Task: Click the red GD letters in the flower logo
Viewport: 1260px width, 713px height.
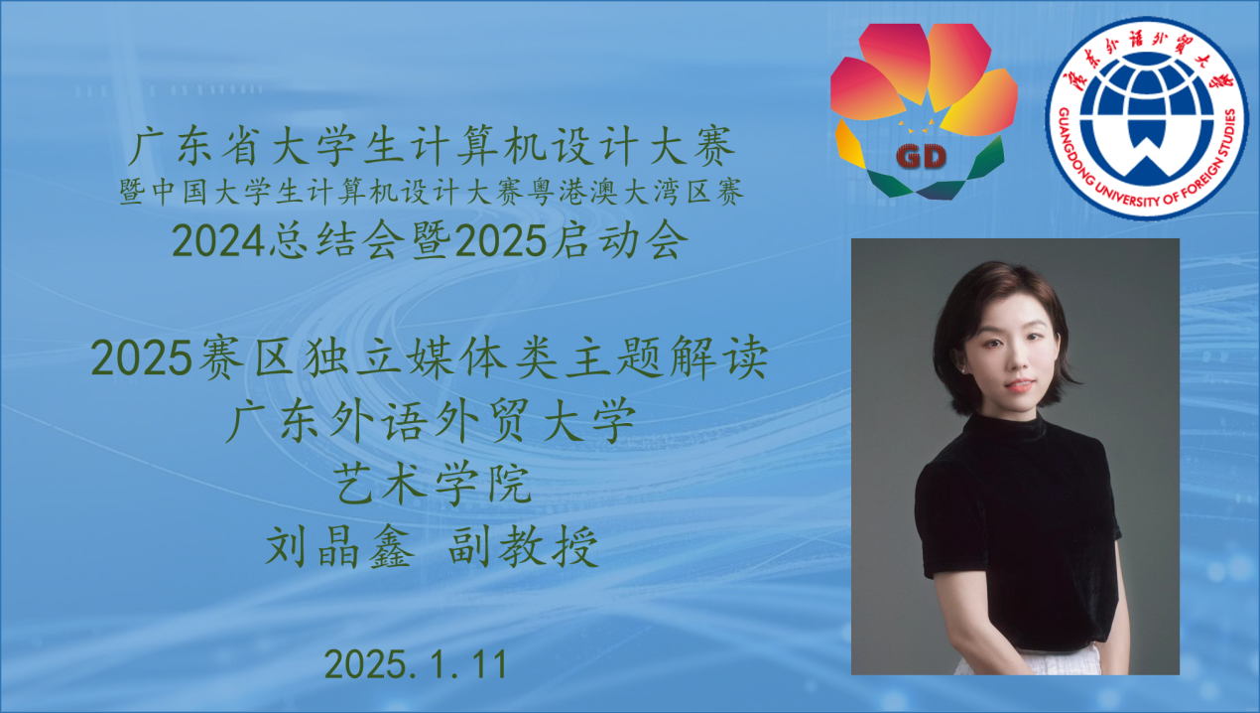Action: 921,157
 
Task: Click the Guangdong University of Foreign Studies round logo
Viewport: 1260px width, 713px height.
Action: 1146,118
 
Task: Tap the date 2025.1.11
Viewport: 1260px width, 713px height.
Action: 416,664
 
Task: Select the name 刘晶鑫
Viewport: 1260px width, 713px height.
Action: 339,546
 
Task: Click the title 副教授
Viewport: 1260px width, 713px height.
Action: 523,546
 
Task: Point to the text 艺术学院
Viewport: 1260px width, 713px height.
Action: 434,484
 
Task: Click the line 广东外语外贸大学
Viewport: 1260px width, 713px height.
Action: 431,421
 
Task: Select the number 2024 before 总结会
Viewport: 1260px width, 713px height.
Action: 218,241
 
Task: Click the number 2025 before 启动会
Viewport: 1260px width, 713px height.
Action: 501,241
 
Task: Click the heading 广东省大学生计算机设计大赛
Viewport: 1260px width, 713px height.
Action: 432,146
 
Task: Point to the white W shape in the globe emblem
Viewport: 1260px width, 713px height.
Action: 1146,151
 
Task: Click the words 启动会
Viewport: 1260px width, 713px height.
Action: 620,241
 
